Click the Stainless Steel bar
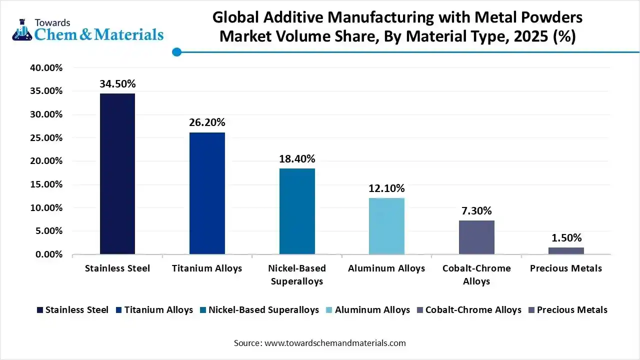click(x=117, y=173)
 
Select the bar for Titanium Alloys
click(x=207, y=193)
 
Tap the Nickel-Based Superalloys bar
click(x=297, y=211)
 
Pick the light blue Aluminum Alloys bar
click(x=386, y=226)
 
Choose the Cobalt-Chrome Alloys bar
click(x=476, y=237)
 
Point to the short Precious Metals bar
click(x=566, y=250)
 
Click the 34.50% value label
click(x=117, y=84)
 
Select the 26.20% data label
click(x=207, y=122)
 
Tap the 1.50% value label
click(x=566, y=238)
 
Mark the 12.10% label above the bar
click(x=386, y=188)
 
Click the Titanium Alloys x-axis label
click(x=207, y=268)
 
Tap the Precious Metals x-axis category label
click(x=566, y=268)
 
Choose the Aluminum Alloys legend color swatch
click(x=329, y=310)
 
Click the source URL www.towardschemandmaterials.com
click(x=334, y=343)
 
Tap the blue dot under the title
click(x=176, y=52)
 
